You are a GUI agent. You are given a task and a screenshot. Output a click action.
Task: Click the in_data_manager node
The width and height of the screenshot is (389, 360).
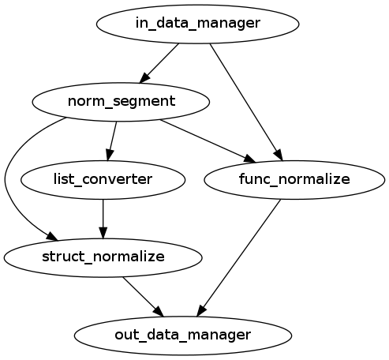coord(197,24)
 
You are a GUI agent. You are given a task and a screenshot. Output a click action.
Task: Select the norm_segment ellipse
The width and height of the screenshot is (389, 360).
coord(121,101)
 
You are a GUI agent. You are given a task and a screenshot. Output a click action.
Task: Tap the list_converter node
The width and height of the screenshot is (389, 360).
coord(103,179)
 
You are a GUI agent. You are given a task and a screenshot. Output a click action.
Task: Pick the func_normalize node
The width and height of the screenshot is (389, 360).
coord(294,179)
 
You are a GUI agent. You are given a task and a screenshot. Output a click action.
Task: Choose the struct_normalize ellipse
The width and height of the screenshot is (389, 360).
coord(103,257)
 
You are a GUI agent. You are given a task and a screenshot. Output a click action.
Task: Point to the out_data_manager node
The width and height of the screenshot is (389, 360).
coord(183,334)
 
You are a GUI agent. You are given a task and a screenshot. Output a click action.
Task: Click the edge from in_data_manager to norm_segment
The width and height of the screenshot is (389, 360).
coord(160,62)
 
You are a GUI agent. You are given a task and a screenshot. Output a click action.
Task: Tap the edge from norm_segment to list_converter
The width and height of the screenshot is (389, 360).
coord(112,139)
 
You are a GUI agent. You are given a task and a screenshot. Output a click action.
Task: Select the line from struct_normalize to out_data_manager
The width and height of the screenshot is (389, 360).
coord(142,295)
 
